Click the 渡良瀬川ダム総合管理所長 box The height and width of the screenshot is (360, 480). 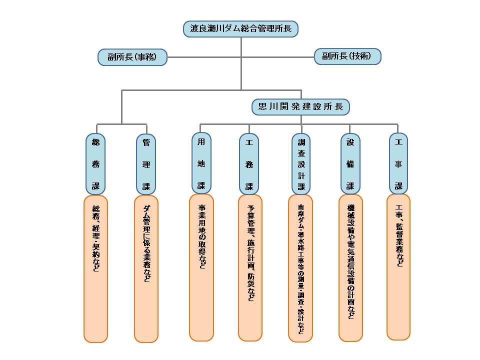tap(241, 28)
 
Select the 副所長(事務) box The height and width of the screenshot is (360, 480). tap(132, 57)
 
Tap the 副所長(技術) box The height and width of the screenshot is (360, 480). tap(347, 56)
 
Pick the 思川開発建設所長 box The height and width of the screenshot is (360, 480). tap(300, 106)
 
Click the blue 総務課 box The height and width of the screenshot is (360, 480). tap(96, 164)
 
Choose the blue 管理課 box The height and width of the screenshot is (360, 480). tap(146, 164)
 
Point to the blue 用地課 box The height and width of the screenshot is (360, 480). tap(201, 163)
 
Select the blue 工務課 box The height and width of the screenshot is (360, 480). tap(249, 164)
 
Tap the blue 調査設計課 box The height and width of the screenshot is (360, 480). tap(301, 164)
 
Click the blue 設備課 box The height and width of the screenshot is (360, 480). tap(350, 164)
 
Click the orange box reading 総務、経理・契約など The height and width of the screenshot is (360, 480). tap(96, 269)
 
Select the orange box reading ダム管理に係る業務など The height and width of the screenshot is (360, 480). tap(146, 269)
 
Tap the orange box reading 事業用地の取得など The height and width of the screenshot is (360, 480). tap(201, 267)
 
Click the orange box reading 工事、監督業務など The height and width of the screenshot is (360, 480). tap(398, 267)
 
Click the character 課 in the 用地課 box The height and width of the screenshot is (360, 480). tap(201, 185)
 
